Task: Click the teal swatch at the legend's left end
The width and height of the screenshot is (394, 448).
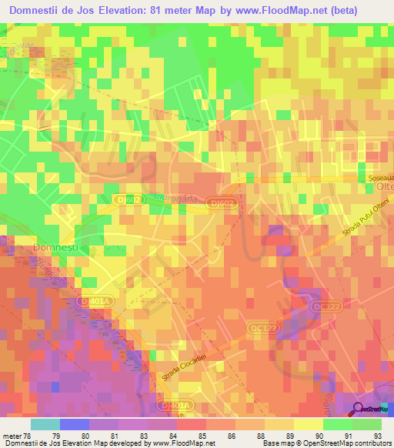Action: coord(45,424)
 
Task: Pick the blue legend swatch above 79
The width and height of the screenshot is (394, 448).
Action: coord(75,424)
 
